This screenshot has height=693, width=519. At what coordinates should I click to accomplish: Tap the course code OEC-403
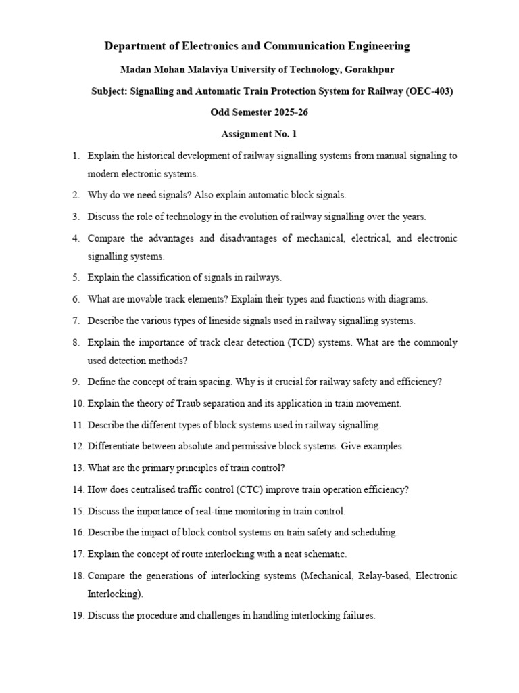(x=429, y=91)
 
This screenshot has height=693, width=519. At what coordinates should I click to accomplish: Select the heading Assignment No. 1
(x=259, y=134)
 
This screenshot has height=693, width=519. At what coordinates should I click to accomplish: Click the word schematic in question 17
(x=323, y=554)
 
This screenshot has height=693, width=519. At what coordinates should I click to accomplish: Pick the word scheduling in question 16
(x=376, y=532)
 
